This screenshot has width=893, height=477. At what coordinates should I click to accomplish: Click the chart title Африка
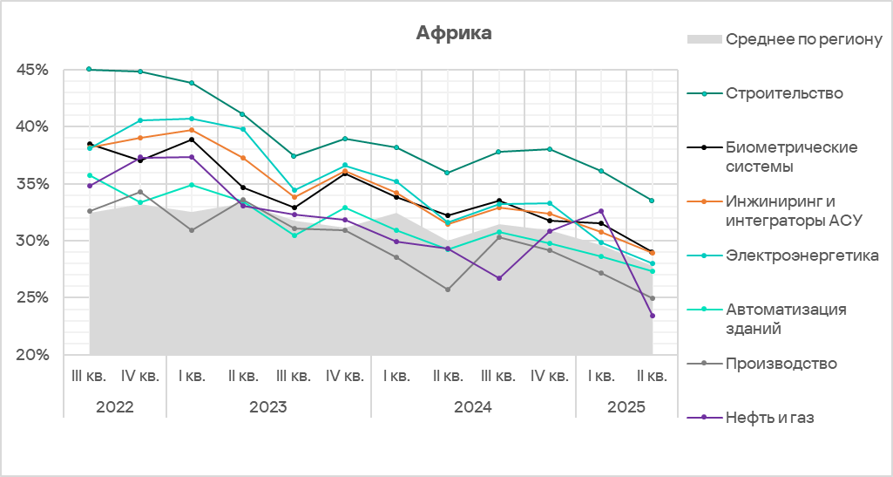tap(454, 34)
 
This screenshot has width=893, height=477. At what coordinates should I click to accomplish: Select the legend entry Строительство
tap(784, 93)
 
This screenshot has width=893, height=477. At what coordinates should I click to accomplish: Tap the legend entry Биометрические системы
tap(791, 156)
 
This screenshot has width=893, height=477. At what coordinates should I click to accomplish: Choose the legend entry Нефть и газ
tap(769, 418)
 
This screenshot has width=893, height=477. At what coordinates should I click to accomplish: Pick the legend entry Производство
tap(781, 364)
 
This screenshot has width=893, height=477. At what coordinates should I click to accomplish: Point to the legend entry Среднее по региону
tap(804, 40)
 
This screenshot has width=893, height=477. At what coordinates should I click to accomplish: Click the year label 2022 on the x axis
tap(114, 406)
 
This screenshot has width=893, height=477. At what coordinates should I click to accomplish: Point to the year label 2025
tap(626, 406)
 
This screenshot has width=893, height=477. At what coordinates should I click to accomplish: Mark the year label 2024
tap(472, 406)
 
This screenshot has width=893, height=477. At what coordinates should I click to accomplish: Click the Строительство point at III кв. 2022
tap(89, 69)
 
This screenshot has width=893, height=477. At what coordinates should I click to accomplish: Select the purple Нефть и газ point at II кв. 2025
tap(652, 316)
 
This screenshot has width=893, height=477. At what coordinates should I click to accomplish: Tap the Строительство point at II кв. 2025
tap(652, 201)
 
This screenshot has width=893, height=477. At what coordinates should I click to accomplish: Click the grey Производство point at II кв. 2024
tap(447, 290)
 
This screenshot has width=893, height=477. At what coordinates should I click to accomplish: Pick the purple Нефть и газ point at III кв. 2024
tap(498, 278)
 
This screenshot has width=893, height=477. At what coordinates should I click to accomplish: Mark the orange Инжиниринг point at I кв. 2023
tap(191, 130)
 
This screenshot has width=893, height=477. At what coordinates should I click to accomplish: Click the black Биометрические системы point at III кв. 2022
tap(89, 144)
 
